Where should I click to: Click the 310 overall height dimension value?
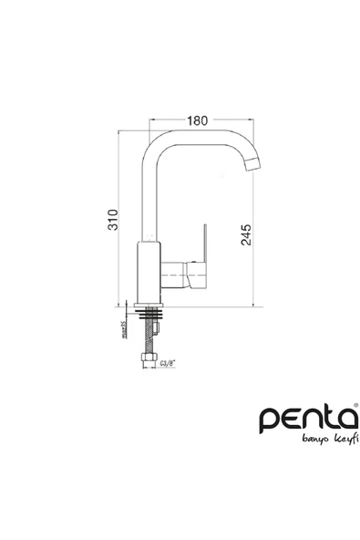[x=114, y=220]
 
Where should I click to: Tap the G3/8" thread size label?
[x=168, y=363]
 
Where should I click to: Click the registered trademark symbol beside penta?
[x=355, y=406]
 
